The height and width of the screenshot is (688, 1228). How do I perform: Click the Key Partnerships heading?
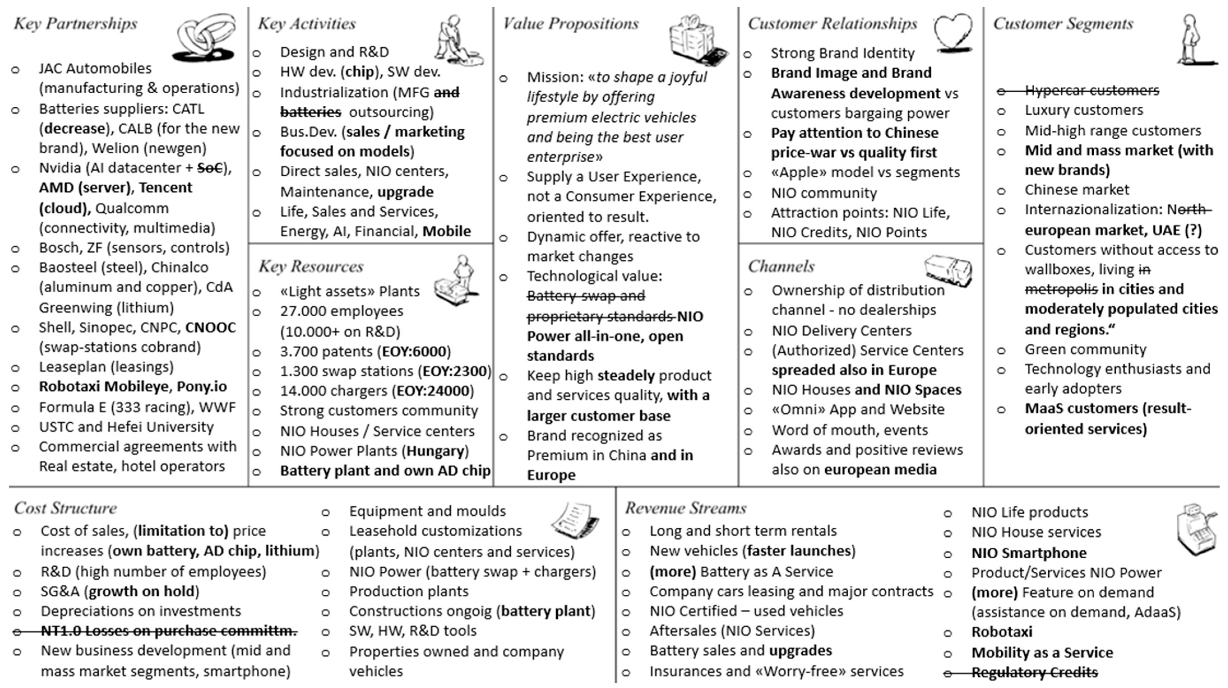click(75, 23)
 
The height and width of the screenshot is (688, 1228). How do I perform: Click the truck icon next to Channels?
click(948, 270)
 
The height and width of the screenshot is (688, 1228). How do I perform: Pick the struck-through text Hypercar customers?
click(1092, 90)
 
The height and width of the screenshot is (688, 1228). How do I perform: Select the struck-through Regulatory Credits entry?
click(1034, 672)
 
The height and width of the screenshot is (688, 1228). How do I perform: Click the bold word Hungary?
click(435, 451)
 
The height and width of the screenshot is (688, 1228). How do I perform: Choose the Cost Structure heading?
click(65, 508)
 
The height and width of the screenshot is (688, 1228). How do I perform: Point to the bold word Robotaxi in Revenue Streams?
click(1002, 632)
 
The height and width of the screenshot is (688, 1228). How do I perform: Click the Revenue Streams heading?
click(685, 508)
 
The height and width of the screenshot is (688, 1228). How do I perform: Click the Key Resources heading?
click(311, 266)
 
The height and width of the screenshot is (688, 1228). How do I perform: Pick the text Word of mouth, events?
click(849, 430)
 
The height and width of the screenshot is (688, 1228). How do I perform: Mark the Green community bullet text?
click(1085, 349)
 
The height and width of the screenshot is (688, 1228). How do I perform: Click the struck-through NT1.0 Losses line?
click(168, 631)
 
